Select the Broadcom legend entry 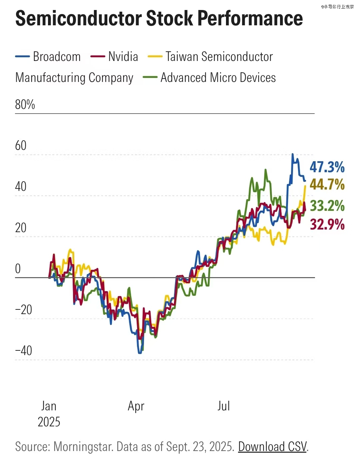coord(57,57)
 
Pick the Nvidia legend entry coord(123,57)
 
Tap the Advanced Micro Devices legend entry coord(218,78)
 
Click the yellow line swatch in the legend coord(155,57)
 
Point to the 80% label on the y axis coord(25,105)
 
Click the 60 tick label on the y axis coord(21,146)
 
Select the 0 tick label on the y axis coord(18,269)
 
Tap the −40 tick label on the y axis coord(24,350)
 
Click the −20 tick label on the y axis coord(24,310)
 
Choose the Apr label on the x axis coord(136,406)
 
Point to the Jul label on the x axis coord(224,406)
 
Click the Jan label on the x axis coord(49,406)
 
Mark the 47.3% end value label coord(327,167)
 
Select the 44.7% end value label coord(327,184)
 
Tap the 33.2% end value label coord(327,206)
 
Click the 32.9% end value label coord(327,225)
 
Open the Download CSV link coord(272,447)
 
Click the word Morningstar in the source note coord(83,447)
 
